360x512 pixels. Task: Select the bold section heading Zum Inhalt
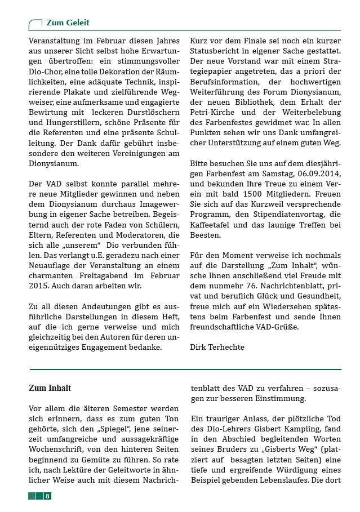click(50, 388)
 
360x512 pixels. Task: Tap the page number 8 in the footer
click(48, 496)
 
